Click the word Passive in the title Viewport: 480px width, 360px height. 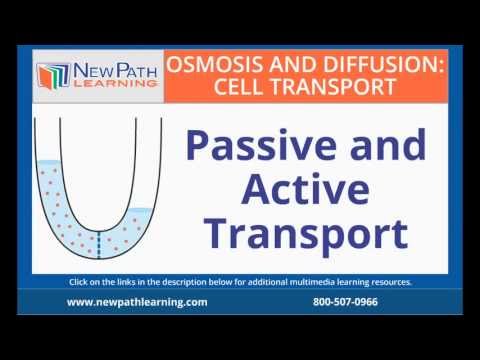coord(250,151)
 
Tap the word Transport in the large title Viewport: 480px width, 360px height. coord(299,235)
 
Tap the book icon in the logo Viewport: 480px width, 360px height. coord(52,74)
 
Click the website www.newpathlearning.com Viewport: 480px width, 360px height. coord(137,301)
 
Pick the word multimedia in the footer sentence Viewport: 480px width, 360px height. coord(329,282)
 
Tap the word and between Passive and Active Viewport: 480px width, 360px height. coord(377,151)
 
